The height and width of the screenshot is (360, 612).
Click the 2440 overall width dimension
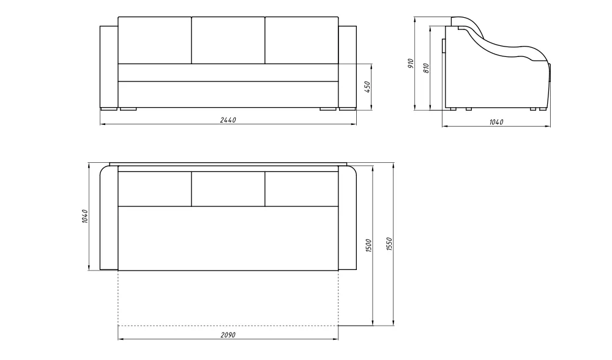tap(228, 120)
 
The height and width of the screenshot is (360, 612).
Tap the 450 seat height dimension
tap(367, 87)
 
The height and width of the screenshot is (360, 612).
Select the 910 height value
tap(411, 64)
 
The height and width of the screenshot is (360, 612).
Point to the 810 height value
tap(426, 69)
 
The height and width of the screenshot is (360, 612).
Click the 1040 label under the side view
tap(496, 122)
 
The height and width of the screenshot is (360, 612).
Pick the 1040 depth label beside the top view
tap(84, 217)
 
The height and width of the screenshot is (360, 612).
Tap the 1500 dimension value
tap(369, 246)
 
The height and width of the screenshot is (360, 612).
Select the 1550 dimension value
tap(389, 244)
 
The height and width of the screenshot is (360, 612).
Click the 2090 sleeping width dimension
tap(228, 335)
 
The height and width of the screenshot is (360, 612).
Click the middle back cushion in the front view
tap(228, 40)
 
